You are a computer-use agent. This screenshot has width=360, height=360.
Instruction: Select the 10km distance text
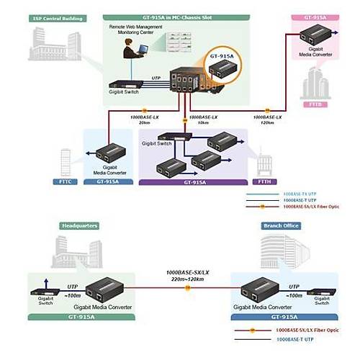pyautogui.click(x=203, y=122)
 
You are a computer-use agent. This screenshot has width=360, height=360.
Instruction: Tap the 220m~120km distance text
pyautogui.click(x=188, y=280)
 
